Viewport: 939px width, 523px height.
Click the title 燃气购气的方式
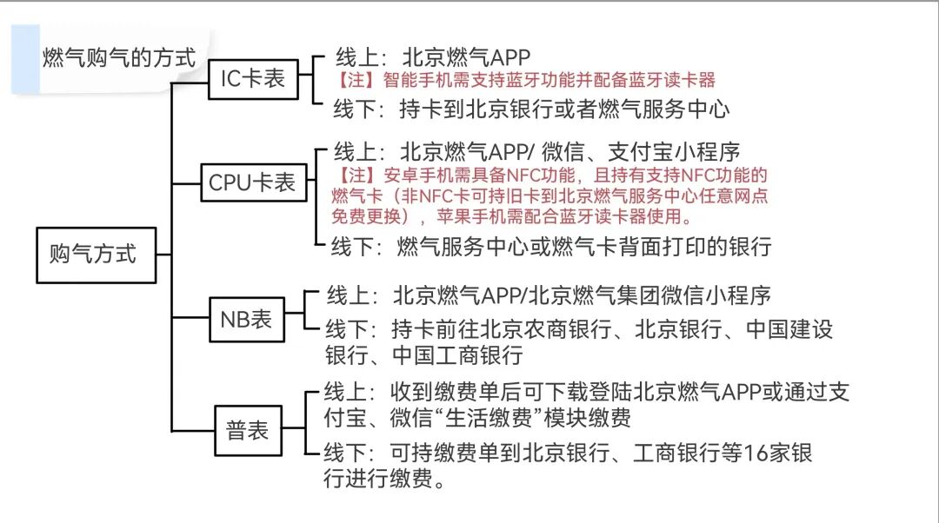(x=119, y=58)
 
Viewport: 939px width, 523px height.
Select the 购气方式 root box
(x=91, y=255)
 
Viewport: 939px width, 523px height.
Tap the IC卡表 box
(x=252, y=78)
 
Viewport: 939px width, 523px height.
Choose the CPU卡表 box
(x=252, y=182)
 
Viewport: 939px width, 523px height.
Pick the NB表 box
(x=246, y=319)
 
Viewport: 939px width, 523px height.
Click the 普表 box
(x=248, y=431)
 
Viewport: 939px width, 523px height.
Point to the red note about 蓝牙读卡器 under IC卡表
(x=525, y=81)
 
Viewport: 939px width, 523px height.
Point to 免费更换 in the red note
(x=366, y=215)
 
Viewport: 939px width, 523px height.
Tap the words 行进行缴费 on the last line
(x=378, y=480)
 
